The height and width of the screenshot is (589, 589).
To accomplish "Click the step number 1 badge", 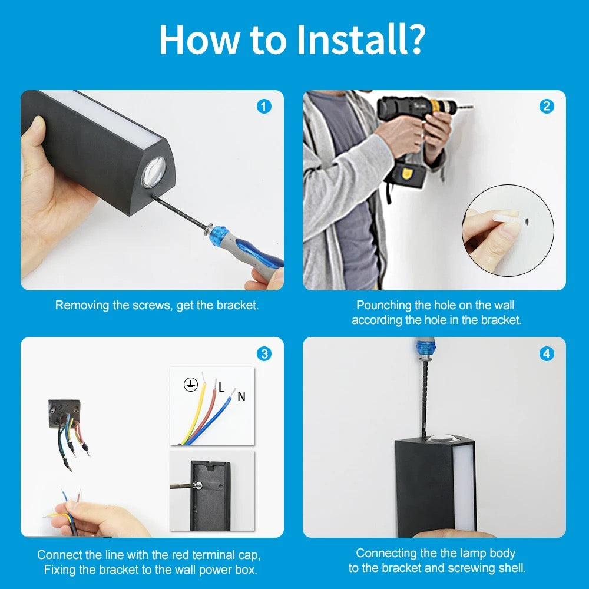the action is (x=264, y=107).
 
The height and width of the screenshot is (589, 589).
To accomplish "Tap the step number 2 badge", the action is (x=547, y=107).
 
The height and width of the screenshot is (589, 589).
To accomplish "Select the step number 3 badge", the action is (x=264, y=353).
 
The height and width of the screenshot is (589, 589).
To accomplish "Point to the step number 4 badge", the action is (x=547, y=353).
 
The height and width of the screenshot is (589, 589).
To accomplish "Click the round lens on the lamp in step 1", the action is (x=153, y=171).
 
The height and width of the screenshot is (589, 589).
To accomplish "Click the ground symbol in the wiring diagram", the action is (x=190, y=385).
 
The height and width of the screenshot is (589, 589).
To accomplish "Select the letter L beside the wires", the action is (x=221, y=388).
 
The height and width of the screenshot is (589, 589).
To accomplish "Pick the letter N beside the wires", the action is (x=241, y=396).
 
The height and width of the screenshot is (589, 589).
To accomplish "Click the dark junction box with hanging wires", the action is (x=64, y=413).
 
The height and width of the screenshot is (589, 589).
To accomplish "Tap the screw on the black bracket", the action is (x=198, y=485).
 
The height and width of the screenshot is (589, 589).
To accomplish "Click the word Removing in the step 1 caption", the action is (x=82, y=305).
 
